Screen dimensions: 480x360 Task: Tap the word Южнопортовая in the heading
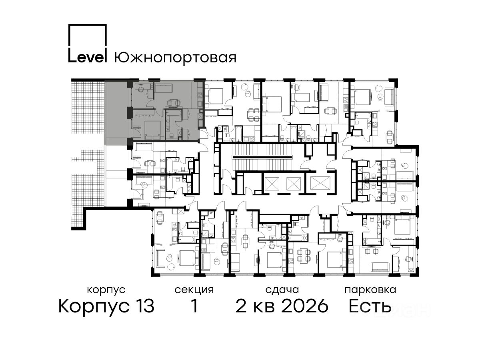click(x=175, y=58)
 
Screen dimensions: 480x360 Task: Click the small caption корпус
click(x=106, y=290)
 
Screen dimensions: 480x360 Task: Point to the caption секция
click(x=194, y=290)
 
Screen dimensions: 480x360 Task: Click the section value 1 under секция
click(x=194, y=306)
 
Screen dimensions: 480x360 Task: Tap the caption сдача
click(x=282, y=290)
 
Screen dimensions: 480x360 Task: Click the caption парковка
click(x=370, y=290)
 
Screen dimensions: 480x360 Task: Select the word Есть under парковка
click(x=370, y=306)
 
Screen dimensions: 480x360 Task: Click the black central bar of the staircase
click(x=262, y=157)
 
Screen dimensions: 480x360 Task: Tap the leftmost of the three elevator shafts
click(x=272, y=183)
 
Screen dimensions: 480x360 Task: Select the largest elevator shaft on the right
click(x=320, y=183)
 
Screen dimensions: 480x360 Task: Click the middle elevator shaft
click(x=294, y=183)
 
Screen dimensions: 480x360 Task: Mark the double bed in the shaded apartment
click(x=152, y=130)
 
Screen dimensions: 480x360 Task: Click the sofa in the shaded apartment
click(x=164, y=88)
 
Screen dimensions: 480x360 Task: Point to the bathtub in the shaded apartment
click(x=174, y=112)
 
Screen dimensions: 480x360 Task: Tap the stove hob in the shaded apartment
click(x=200, y=95)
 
